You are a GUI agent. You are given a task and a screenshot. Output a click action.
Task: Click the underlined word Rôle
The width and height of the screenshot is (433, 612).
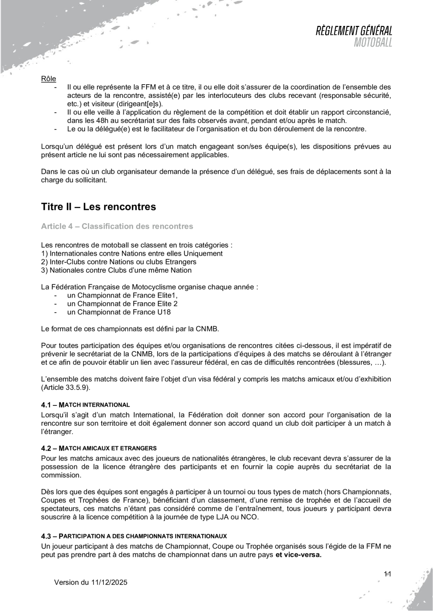click(x=49, y=78)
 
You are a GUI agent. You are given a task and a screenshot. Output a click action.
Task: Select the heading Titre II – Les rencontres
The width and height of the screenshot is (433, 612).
click(x=98, y=206)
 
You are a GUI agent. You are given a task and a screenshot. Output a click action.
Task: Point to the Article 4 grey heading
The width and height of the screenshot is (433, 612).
click(x=117, y=226)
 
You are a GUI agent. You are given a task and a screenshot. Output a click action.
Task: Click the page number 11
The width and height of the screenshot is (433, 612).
click(x=388, y=573)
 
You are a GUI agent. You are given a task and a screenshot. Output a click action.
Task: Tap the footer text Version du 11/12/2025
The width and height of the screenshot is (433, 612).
click(x=90, y=582)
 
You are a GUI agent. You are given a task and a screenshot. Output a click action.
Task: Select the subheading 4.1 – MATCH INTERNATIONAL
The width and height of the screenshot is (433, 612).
click(x=85, y=404)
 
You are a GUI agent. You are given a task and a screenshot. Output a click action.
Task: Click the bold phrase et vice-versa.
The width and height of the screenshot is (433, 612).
click(x=299, y=554)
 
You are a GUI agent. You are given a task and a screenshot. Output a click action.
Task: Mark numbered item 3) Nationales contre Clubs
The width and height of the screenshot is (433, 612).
click(x=116, y=270)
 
